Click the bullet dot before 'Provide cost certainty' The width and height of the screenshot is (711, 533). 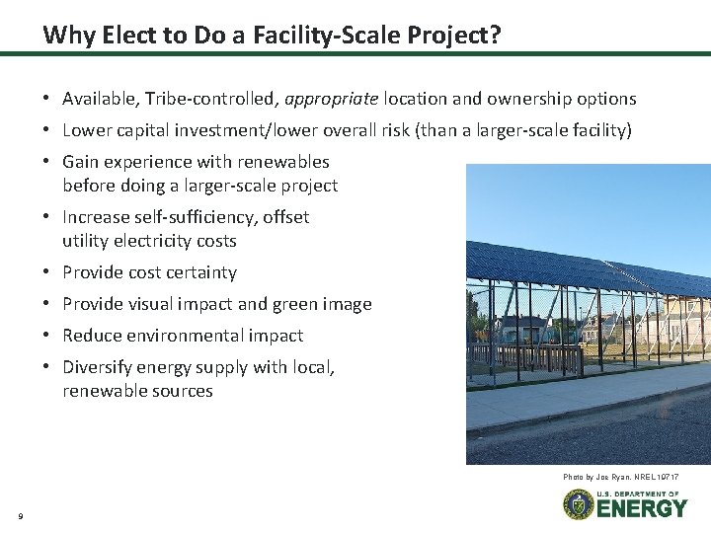(x=47, y=272)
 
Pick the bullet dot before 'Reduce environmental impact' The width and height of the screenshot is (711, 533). (x=47, y=336)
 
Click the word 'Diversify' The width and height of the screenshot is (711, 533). (x=97, y=367)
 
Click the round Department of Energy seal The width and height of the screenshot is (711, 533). (x=578, y=504)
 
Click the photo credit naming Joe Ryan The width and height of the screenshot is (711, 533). (x=621, y=477)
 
